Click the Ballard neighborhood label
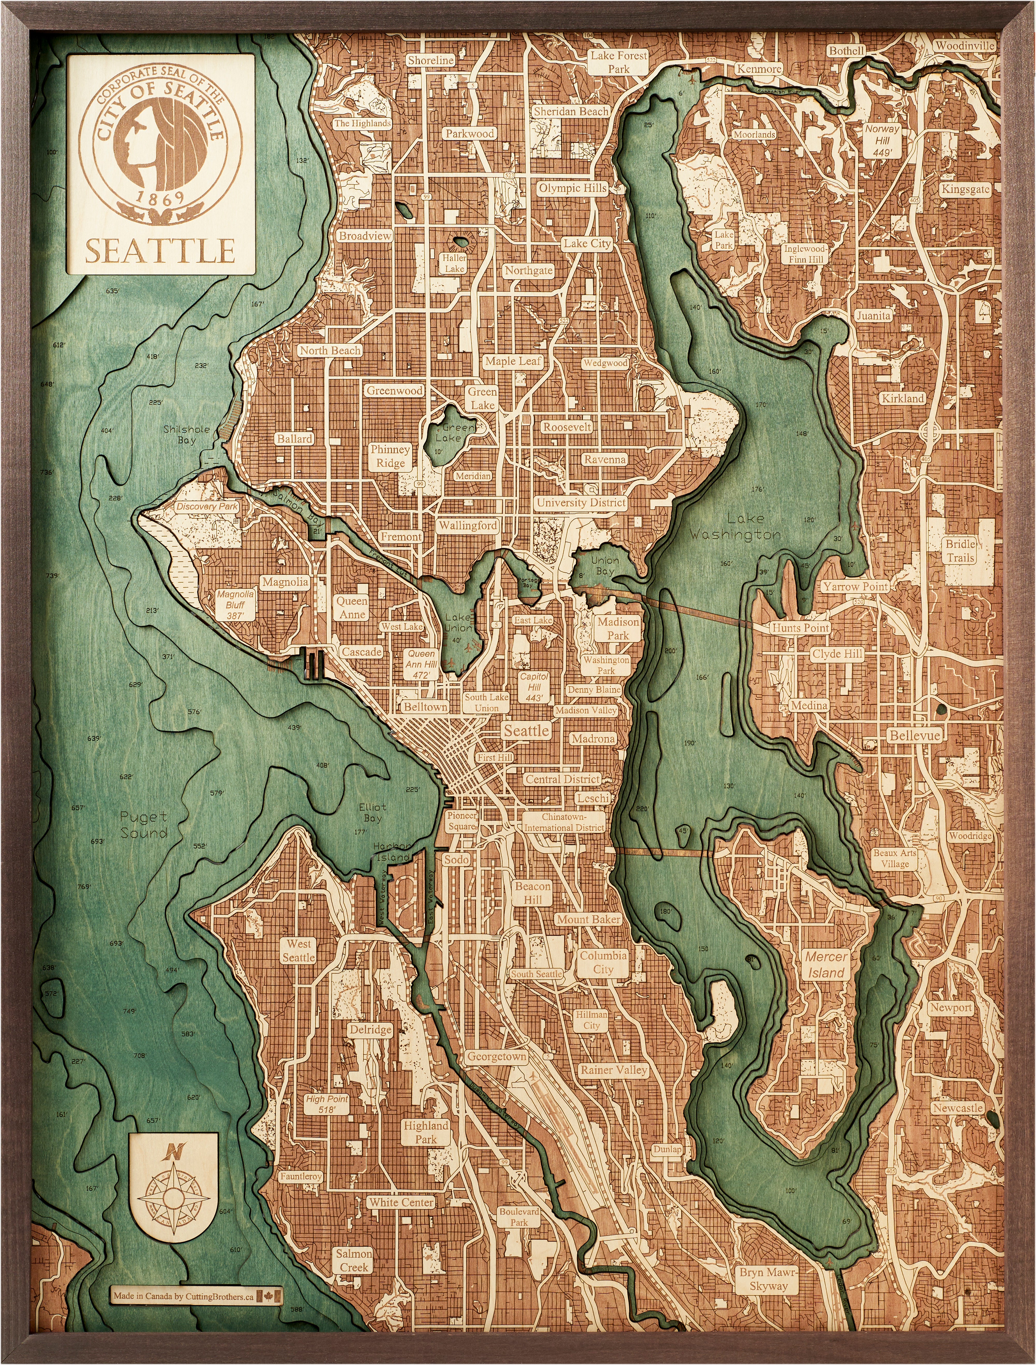click(294, 439)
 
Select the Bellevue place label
click(915, 736)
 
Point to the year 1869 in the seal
click(160, 199)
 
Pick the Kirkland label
click(902, 399)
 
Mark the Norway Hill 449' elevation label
click(882, 141)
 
